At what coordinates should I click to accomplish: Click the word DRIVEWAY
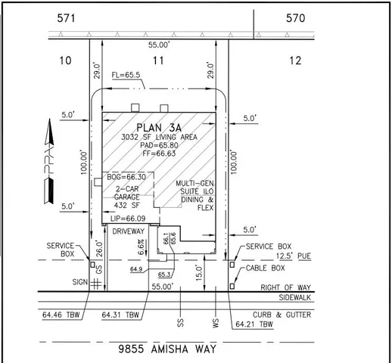[x=128, y=231]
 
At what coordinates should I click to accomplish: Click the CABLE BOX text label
[x=267, y=268]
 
